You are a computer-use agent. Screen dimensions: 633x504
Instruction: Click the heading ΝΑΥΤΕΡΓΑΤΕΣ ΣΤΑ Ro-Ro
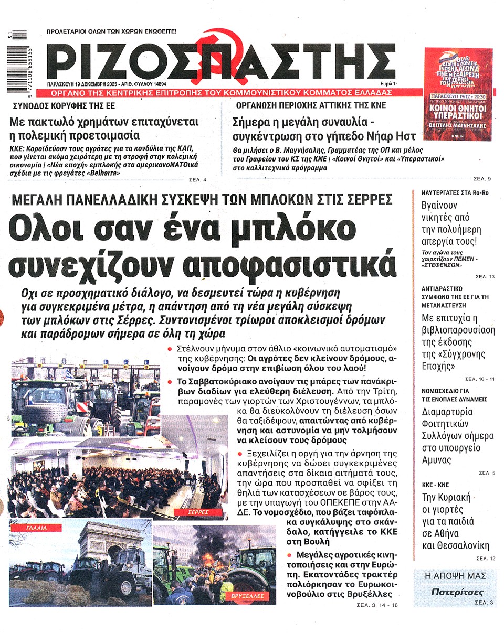[455, 192]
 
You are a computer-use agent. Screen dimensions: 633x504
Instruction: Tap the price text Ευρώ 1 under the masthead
[388, 84]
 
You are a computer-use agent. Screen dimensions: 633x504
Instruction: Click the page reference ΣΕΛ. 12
[485, 559]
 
